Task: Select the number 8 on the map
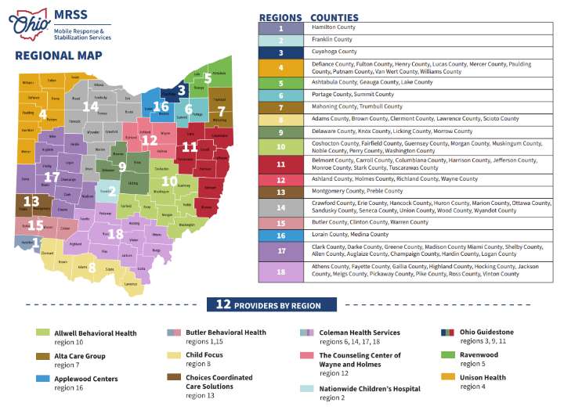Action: point(91,267)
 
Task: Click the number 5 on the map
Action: point(208,79)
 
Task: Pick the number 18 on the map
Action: point(114,233)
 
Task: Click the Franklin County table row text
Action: point(332,39)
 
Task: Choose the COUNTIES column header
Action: point(334,16)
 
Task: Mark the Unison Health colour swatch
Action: point(446,377)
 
